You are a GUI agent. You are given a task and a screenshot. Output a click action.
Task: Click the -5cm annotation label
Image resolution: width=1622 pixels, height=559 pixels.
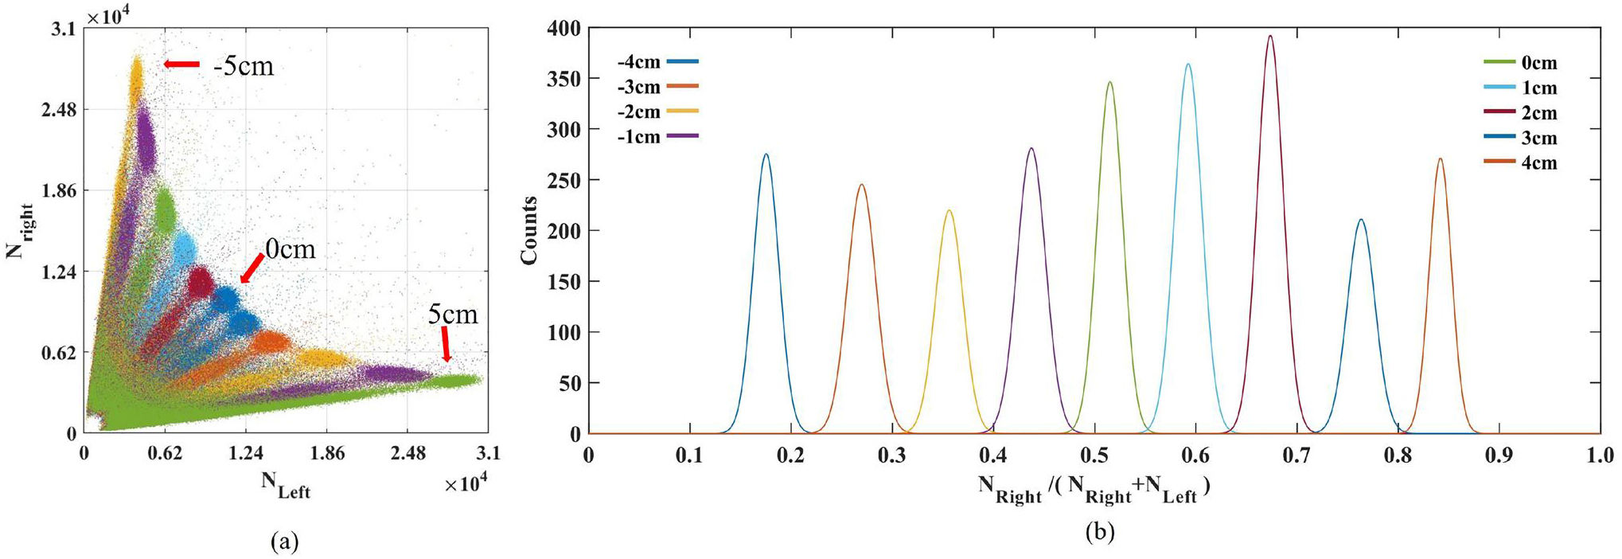tap(243, 65)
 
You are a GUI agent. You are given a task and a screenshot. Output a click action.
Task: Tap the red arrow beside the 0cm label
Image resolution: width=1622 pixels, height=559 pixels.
tap(251, 268)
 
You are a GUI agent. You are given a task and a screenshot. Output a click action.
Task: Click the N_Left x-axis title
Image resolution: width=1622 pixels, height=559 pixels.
tap(286, 485)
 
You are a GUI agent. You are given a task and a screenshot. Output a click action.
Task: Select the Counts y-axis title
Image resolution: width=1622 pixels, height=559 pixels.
tap(529, 230)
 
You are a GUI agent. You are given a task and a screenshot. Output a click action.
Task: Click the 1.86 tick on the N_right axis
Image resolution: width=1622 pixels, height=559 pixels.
tap(59, 190)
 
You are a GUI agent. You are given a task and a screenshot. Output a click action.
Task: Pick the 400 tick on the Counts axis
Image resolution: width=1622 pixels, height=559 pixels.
tap(563, 29)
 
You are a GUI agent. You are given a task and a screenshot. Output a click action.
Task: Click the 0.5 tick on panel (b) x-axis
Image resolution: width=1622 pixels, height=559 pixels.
tap(1094, 455)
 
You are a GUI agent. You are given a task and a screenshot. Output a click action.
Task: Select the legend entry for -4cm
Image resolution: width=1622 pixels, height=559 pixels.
tap(657, 61)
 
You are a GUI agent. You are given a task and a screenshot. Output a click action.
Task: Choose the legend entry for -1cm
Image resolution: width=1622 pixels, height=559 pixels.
tap(657, 136)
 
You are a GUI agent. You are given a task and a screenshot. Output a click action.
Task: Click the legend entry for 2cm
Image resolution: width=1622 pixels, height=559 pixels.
tap(1520, 112)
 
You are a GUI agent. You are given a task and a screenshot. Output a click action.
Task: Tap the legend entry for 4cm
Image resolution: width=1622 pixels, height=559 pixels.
tap(1520, 162)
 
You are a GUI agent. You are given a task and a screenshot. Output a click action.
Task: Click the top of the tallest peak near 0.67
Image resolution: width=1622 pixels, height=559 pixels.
tap(1269, 36)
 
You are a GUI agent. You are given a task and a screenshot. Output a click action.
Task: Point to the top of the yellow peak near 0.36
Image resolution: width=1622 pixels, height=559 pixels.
tap(949, 210)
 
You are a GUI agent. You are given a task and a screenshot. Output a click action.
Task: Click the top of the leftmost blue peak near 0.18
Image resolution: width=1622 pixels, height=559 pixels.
tap(766, 154)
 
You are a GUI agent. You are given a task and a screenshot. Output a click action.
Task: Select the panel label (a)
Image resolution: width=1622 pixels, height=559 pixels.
tap(285, 542)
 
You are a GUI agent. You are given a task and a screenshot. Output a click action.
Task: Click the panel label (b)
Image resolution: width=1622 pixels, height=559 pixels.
tap(1100, 532)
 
